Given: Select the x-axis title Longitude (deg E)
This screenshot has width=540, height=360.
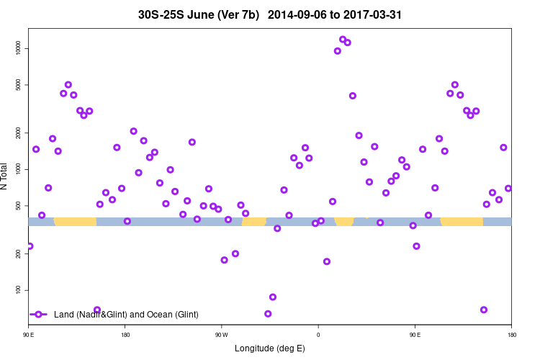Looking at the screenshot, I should point(270,348).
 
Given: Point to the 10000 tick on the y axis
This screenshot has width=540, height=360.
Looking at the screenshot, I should point(19,48).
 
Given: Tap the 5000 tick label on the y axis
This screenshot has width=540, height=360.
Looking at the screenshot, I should point(19,85).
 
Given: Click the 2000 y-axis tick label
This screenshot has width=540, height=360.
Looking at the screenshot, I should point(19,133).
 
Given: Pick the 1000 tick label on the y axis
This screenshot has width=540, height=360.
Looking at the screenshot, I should point(19,169).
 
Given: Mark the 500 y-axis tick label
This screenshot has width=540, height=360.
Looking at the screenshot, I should point(19,206).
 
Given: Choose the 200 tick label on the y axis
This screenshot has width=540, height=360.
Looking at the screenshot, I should point(19,254).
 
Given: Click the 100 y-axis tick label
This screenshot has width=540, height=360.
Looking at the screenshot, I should point(19,290).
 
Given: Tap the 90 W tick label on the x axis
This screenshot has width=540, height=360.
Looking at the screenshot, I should point(221,335).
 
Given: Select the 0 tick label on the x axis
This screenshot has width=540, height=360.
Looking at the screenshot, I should point(318,335).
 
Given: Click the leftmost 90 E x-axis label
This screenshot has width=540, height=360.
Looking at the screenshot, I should point(29,335).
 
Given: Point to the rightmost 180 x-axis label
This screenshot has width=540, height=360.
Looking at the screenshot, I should point(511,335).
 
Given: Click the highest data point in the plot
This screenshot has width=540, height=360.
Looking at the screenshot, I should point(343,40).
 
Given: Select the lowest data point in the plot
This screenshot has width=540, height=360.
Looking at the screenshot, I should point(268,314).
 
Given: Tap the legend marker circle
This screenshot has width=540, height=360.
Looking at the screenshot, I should point(39,315).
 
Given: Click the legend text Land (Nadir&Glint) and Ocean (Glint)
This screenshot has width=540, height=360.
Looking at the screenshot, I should point(126,315).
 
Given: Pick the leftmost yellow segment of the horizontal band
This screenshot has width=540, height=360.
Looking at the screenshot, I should point(76,221).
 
